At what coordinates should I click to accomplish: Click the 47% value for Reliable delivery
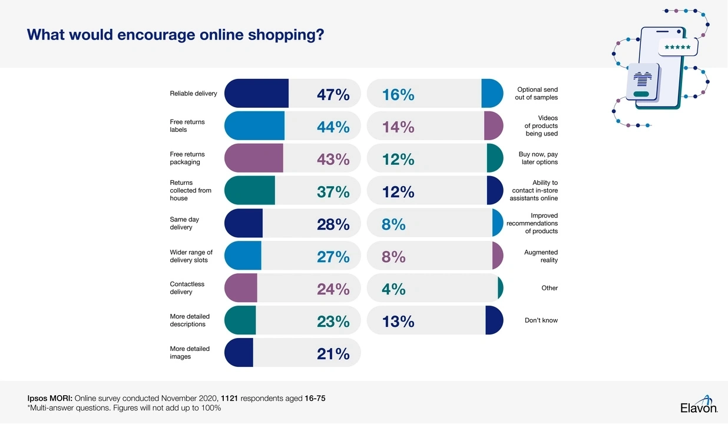[x=333, y=94]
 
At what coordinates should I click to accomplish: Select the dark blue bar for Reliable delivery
[x=256, y=93]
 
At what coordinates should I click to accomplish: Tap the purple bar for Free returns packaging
[x=253, y=158]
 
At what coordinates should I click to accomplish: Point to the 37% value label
[x=333, y=191]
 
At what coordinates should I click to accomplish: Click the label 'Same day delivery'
[x=185, y=223]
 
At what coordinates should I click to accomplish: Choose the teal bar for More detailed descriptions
[x=240, y=320]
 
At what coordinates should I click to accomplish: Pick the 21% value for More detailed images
[x=333, y=353]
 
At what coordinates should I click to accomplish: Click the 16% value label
[x=398, y=94]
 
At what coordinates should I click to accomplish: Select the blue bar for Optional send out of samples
[x=492, y=93]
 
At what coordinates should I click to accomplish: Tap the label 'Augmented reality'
[x=541, y=256]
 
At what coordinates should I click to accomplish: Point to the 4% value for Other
[x=393, y=289]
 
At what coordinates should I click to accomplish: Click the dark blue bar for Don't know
[x=494, y=320]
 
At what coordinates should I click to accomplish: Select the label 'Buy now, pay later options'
[x=538, y=158]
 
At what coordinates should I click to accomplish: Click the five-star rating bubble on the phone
[x=677, y=47]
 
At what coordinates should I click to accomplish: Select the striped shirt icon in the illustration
[x=641, y=78]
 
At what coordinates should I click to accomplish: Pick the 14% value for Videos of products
[x=398, y=127]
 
